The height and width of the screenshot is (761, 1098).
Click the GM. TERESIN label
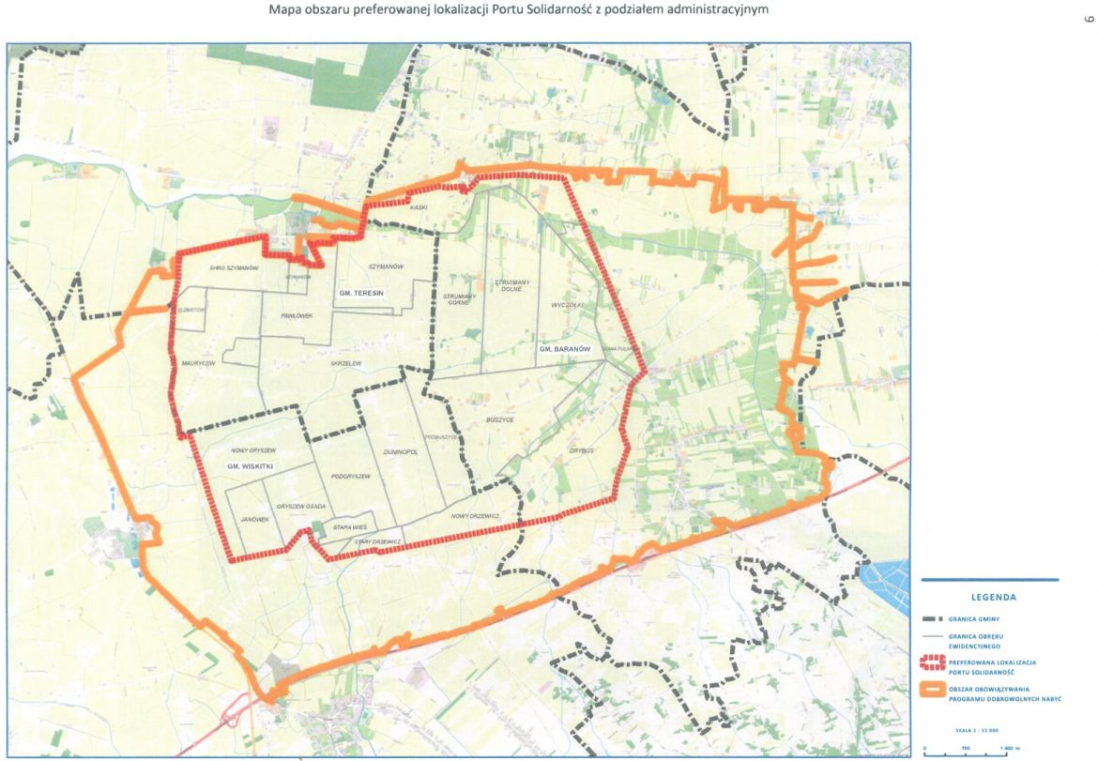click(x=362, y=294)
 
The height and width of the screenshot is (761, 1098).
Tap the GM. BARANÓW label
click(x=564, y=348)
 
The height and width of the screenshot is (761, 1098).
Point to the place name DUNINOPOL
click(x=400, y=451)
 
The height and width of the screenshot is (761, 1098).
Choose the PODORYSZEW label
click(x=351, y=477)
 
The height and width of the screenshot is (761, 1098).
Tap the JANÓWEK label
click(x=254, y=519)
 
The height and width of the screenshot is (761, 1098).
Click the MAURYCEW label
click(x=199, y=362)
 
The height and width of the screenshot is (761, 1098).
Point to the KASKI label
click(x=419, y=206)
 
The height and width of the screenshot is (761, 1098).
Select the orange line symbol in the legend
click(x=930, y=693)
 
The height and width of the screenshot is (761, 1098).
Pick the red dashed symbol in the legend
click(x=930, y=663)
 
